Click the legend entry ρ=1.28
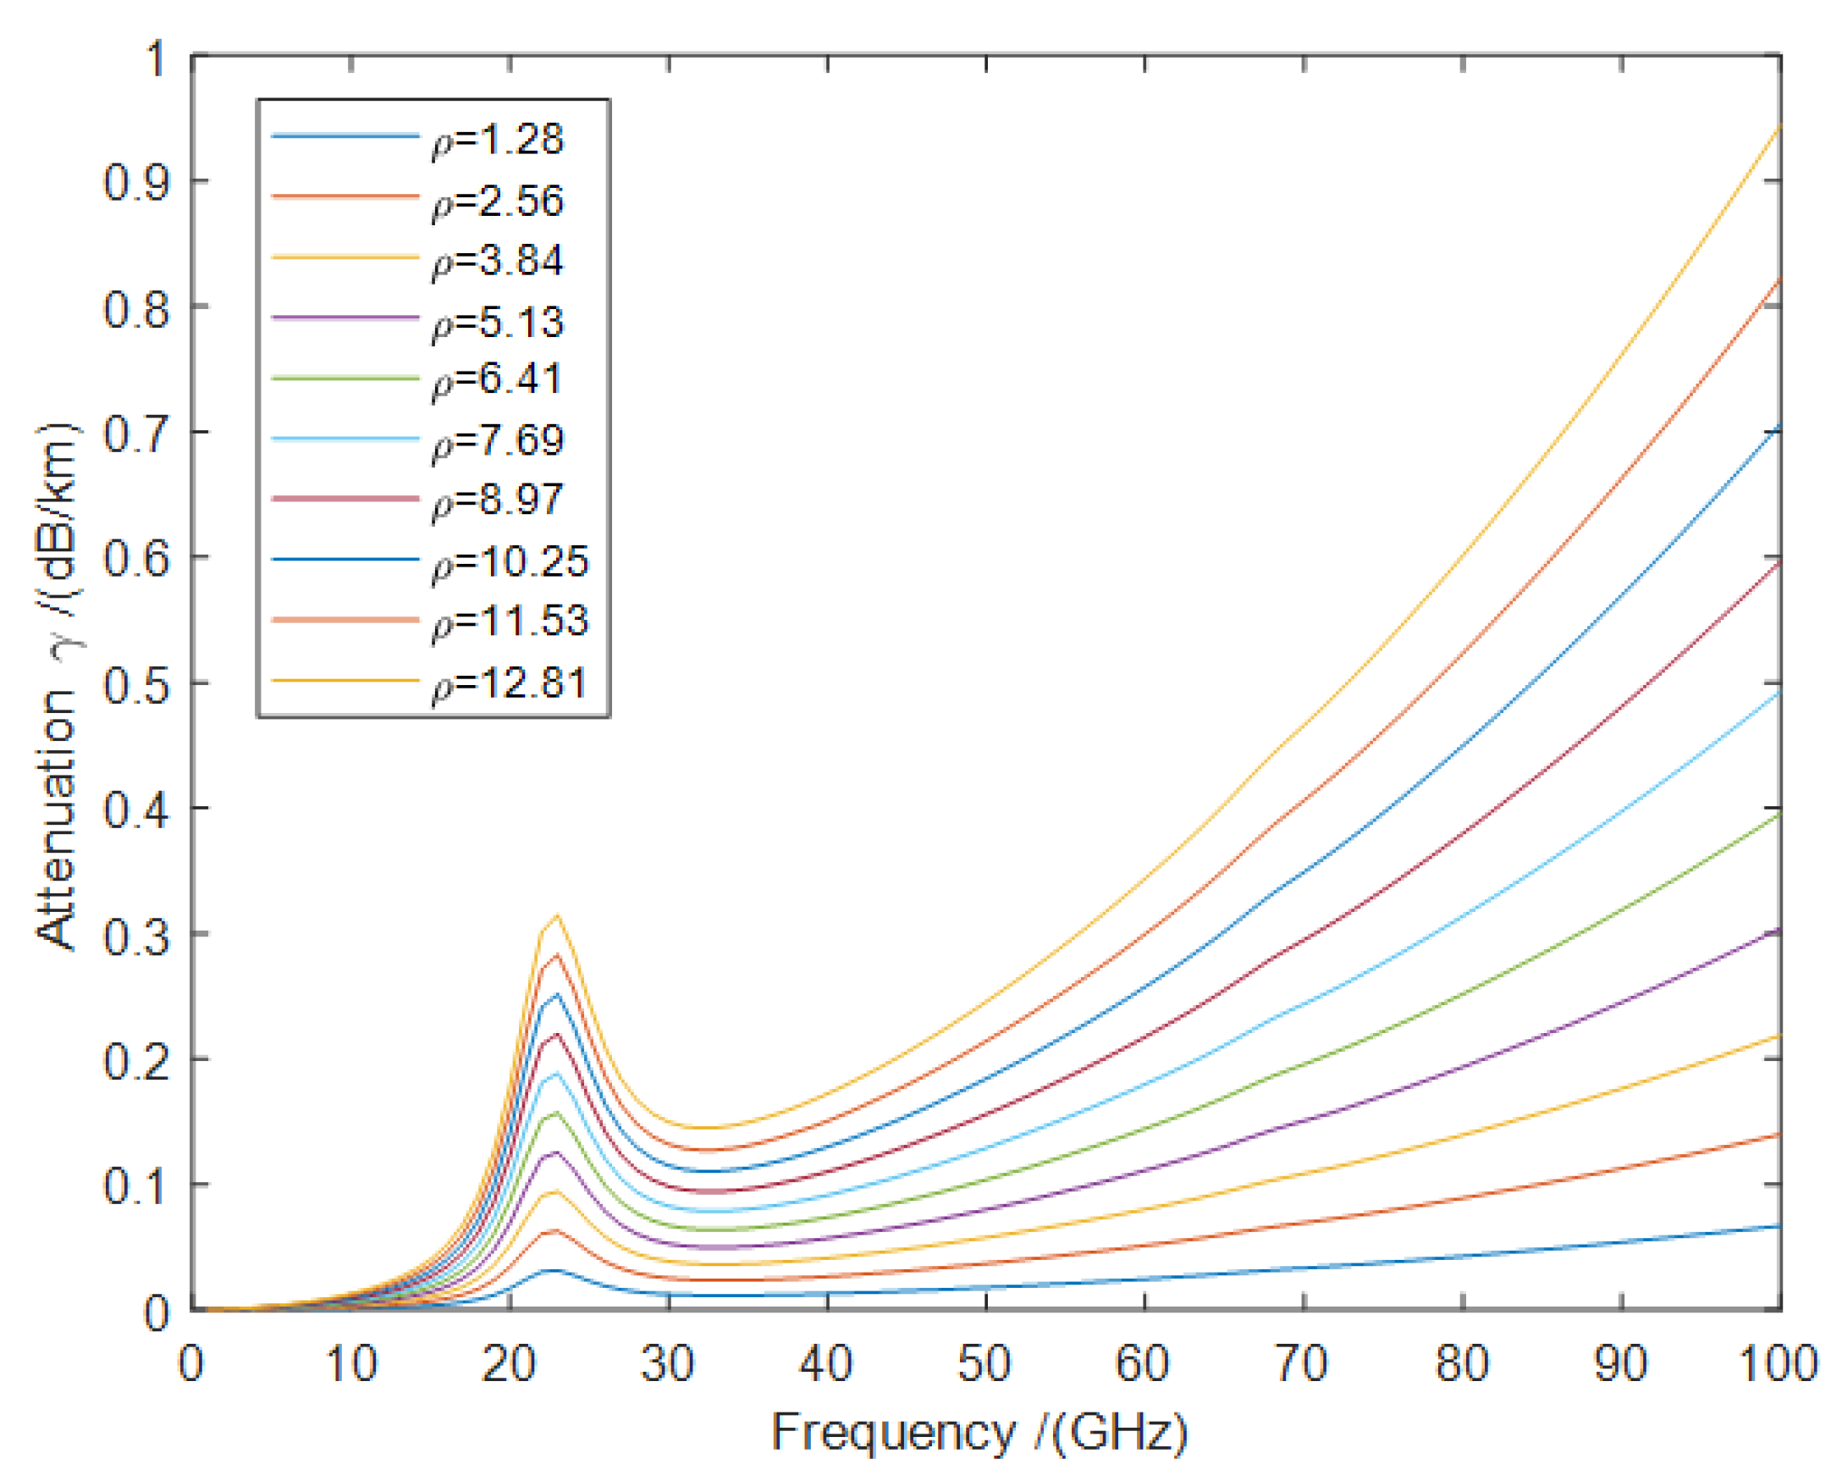tap(498, 140)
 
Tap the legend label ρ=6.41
tap(498, 379)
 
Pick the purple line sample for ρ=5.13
tap(345, 318)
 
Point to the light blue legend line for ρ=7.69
tap(345, 439)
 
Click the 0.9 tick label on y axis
tap(135, 182)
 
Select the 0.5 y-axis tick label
tap(135, 684)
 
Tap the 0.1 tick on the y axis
tap(135, 1186)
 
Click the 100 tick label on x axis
tap(1779, 1362)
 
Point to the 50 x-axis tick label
tap(985, 1362)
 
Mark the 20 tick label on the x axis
tap(509, 1362)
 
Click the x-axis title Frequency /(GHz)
tap(980, 1431)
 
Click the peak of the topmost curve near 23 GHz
tap(558, 915)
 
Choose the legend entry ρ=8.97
tap(498, 500)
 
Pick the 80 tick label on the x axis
tap(1462, 1362)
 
